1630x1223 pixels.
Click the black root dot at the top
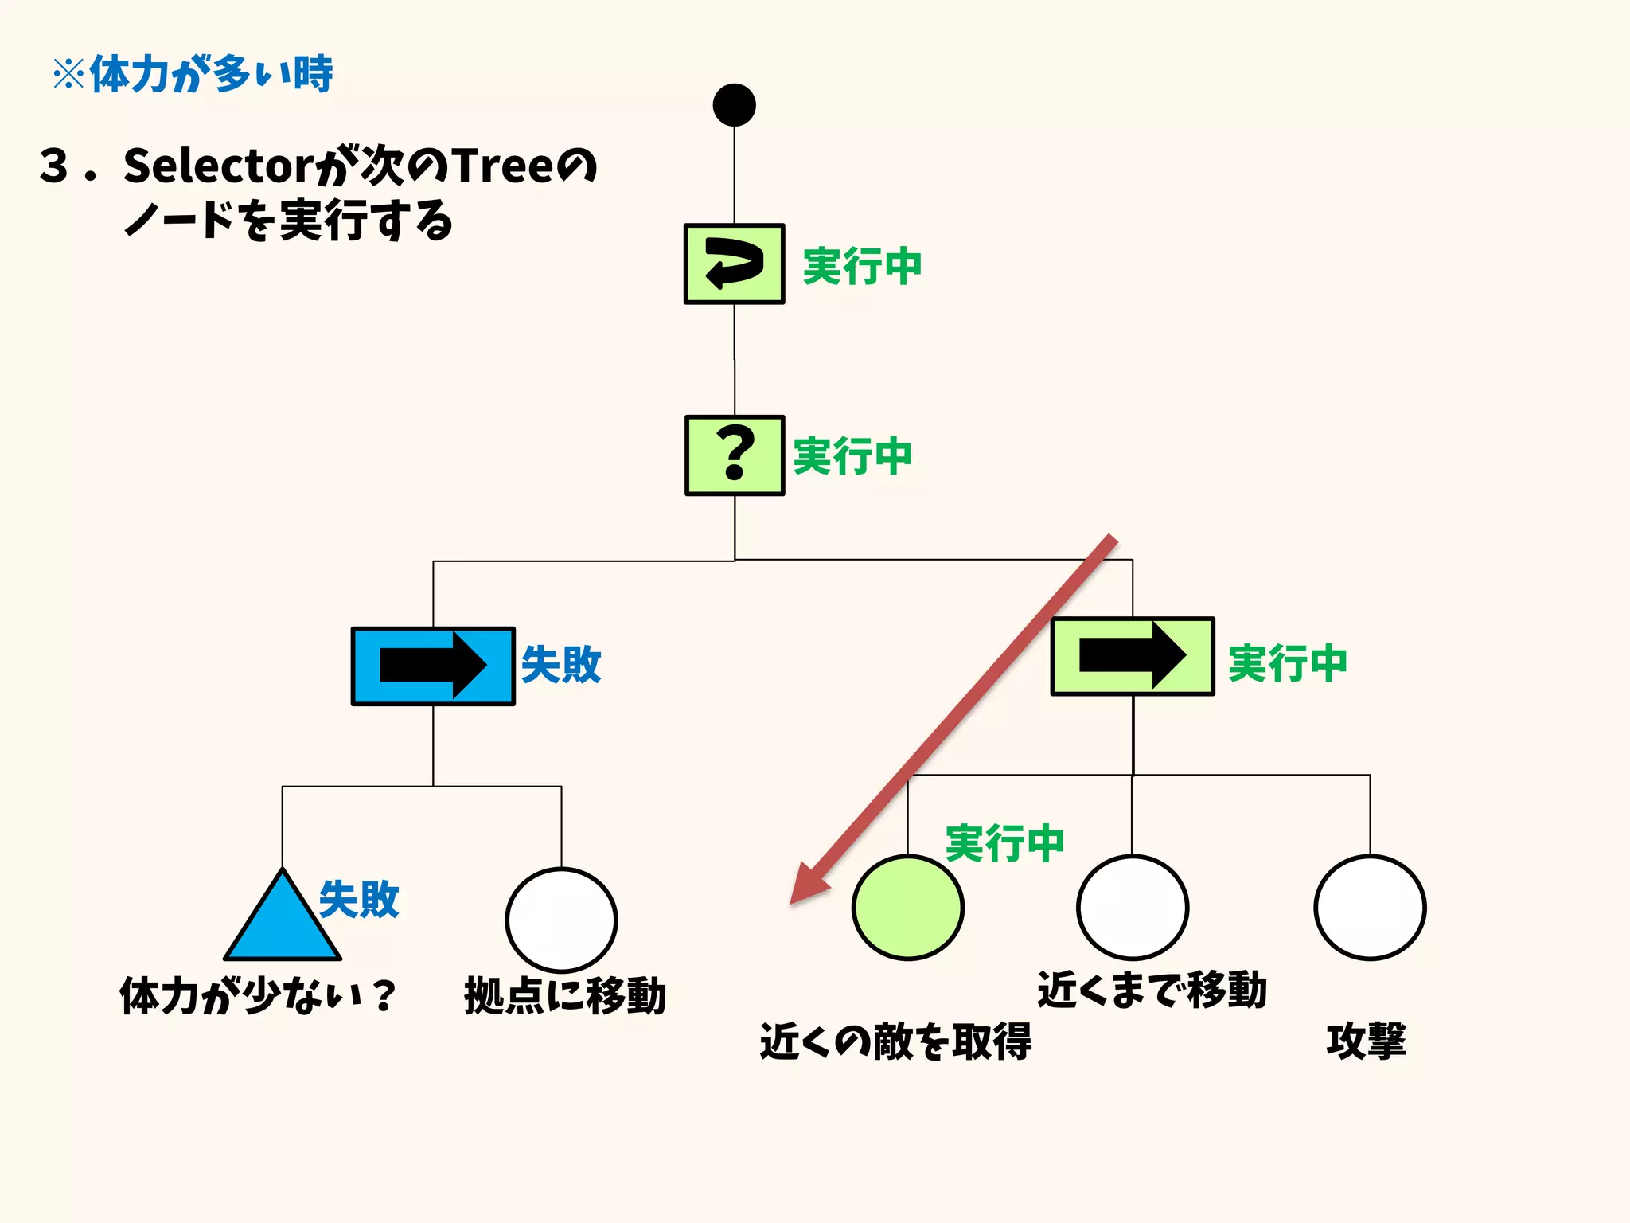(734, 105)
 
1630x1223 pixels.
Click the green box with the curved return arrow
(734, 264)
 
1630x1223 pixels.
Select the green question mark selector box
(734, 455)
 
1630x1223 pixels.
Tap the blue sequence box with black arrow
(433, 666)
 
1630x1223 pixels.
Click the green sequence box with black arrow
(1132, 656)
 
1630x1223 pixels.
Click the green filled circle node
(907, 908)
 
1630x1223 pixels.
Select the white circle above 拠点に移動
(561, 920)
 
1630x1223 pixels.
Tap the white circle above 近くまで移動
(1132, 908)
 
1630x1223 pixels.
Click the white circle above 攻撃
(1369, 908)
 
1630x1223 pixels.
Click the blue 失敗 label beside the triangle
(358, 900)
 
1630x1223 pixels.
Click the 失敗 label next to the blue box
(561, 665)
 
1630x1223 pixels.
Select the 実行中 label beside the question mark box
(852, 456)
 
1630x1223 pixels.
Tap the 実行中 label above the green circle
(1004, 843)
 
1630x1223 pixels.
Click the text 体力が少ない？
(257, 996)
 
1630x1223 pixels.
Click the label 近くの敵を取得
(895, 1041)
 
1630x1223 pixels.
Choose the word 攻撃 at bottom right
(1366, 1041)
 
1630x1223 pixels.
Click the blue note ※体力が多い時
(193, 75)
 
